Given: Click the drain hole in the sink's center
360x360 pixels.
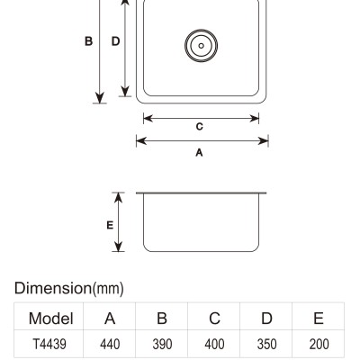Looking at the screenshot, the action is click(x=201, y=46).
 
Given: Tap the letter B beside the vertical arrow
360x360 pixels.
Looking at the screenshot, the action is click(x=88, y=41).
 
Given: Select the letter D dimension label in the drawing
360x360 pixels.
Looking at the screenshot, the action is click(x=115, y=41).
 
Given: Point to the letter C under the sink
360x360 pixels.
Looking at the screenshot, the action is click(x=200, y=127).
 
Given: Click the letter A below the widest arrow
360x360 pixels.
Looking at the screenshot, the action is click(x=199, y=153).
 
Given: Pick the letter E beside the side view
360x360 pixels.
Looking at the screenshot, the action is click(x=110, y=225).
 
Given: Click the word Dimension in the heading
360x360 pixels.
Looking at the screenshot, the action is click(x=53, y=288).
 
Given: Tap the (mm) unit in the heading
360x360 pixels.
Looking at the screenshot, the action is click(x=108, y=289).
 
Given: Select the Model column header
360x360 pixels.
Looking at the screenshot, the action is click(x=51, y=319).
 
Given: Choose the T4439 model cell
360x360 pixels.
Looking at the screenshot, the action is click(x=49, y=344).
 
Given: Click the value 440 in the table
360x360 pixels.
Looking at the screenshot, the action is click(x=110, y=344).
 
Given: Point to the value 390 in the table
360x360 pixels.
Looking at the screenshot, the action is click(x=162, y=344).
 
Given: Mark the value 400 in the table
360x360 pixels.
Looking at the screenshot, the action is click(x=214, y=344).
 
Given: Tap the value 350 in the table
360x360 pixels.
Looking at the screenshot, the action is click(x=266, y=344).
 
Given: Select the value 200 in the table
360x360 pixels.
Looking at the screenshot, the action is click(x=319, y=344).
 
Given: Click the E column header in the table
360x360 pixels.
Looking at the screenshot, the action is click(x=319, y=319).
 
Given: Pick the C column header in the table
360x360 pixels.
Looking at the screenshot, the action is click(x=214, y=319).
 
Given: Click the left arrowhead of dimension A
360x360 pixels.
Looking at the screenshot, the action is click(x=141, y=140).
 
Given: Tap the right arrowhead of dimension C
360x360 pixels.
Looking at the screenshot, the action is click(x=255, y=119).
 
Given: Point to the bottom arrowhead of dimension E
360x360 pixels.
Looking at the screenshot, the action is click(x=119, y=247).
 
